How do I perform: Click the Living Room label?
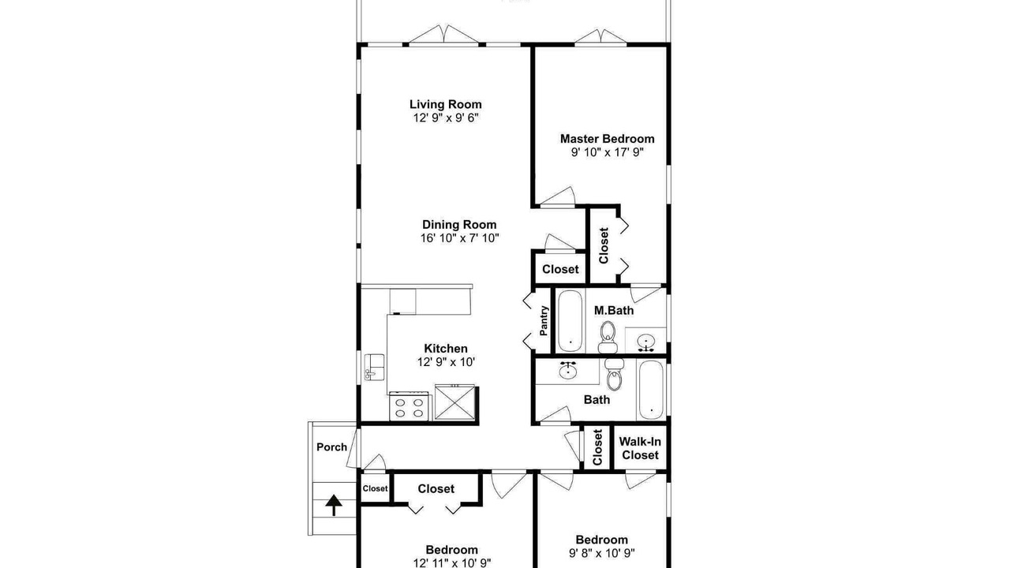(446, 105)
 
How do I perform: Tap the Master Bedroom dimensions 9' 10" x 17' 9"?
(608, 152)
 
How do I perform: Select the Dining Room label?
(459, 225)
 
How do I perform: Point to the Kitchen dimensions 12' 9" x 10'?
(446, 362)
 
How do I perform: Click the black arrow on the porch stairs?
(334, 505)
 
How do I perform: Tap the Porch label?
(331, 447)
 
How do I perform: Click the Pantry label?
(544, 320)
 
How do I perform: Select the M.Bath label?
(614, 311)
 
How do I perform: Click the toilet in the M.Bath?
(608, 337)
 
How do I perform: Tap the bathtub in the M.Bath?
(570, 321)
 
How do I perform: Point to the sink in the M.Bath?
(646, 342)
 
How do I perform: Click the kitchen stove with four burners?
(409, 406)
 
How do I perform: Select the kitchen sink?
(374, 368)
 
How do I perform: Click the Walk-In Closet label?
(640, 449)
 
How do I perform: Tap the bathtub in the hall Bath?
(651, 390)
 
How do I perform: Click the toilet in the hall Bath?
(614, 374)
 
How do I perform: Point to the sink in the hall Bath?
(567, 370)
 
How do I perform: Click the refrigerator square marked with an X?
(455, 402)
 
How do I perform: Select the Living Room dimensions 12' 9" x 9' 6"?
(446, 118)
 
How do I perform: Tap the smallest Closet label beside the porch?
(375, 488)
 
